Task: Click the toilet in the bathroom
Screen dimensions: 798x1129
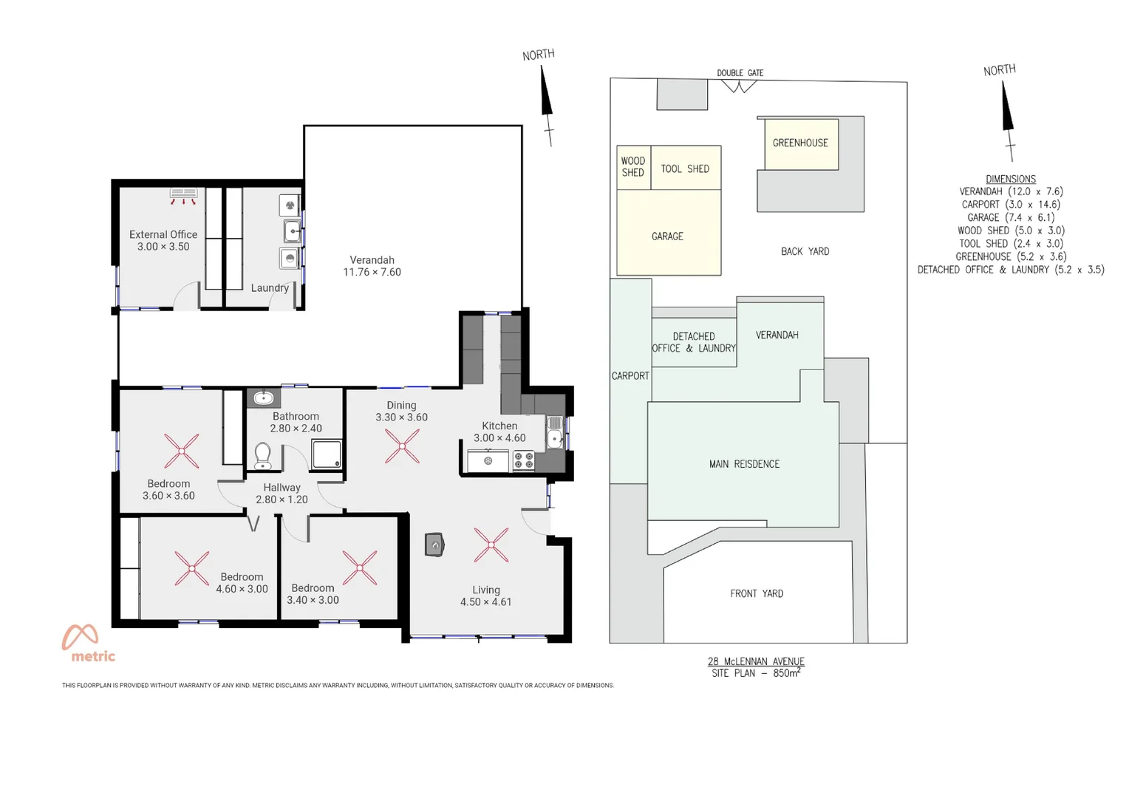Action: click(x=262, y=455)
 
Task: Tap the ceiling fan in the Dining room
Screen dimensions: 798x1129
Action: click(x=402, y=446)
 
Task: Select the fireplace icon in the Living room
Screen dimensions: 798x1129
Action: click(x=434, y=545)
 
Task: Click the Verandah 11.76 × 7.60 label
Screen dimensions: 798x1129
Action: click(x=372, y=266)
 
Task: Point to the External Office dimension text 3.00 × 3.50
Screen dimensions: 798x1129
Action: click(x=163, y=247)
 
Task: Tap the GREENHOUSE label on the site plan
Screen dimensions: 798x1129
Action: click(x=800, y=143)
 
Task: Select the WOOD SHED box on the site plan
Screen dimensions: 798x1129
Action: click(x=633, y=167)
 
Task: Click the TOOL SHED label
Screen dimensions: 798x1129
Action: click(x=685, y=168)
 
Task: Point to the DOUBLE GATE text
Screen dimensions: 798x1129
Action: click(x=740, y=72)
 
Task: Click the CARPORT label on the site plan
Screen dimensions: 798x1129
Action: click(x=630, y=375)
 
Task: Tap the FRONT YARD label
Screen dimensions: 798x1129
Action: click(x=757, y=593)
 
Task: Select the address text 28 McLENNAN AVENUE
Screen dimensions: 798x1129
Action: click(x=756, y=661)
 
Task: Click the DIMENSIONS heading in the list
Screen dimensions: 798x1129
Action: click(x=1010, y=179)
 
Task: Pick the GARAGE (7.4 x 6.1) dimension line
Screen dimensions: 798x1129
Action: click(x=1010, y=217)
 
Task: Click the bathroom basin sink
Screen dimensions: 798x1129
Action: click(x=263, y=398)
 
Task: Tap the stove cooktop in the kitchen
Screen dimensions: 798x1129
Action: click(x=523, y=461)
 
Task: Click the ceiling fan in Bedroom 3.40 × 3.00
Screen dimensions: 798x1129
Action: click(x=360, y=567)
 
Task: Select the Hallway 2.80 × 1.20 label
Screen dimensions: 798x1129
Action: click(x=282, y=494)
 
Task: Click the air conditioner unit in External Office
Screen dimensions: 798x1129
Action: click(x=183, y=194)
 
